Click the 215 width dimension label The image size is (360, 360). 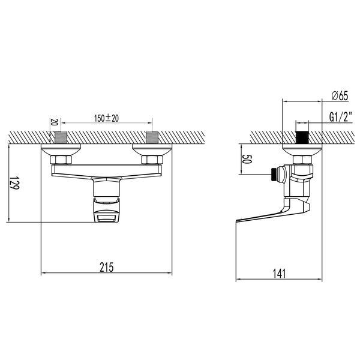107,267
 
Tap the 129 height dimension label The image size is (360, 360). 14,183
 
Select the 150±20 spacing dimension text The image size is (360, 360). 107,118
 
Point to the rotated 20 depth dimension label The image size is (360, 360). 53,122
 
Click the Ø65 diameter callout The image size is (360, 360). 340,95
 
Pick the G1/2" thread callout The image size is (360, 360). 341,117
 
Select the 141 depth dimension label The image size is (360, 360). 279,274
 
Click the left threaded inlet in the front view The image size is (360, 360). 61,137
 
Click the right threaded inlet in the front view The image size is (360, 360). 152,137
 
